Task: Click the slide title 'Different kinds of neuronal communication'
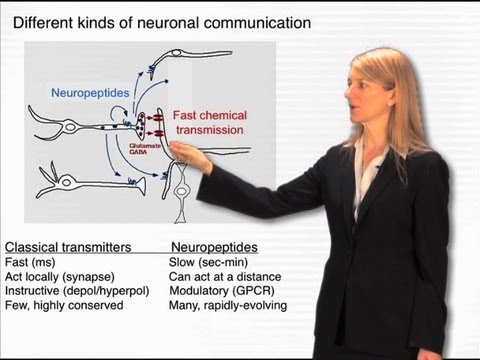click(159, 21)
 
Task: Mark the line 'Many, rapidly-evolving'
click(232, 305)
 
